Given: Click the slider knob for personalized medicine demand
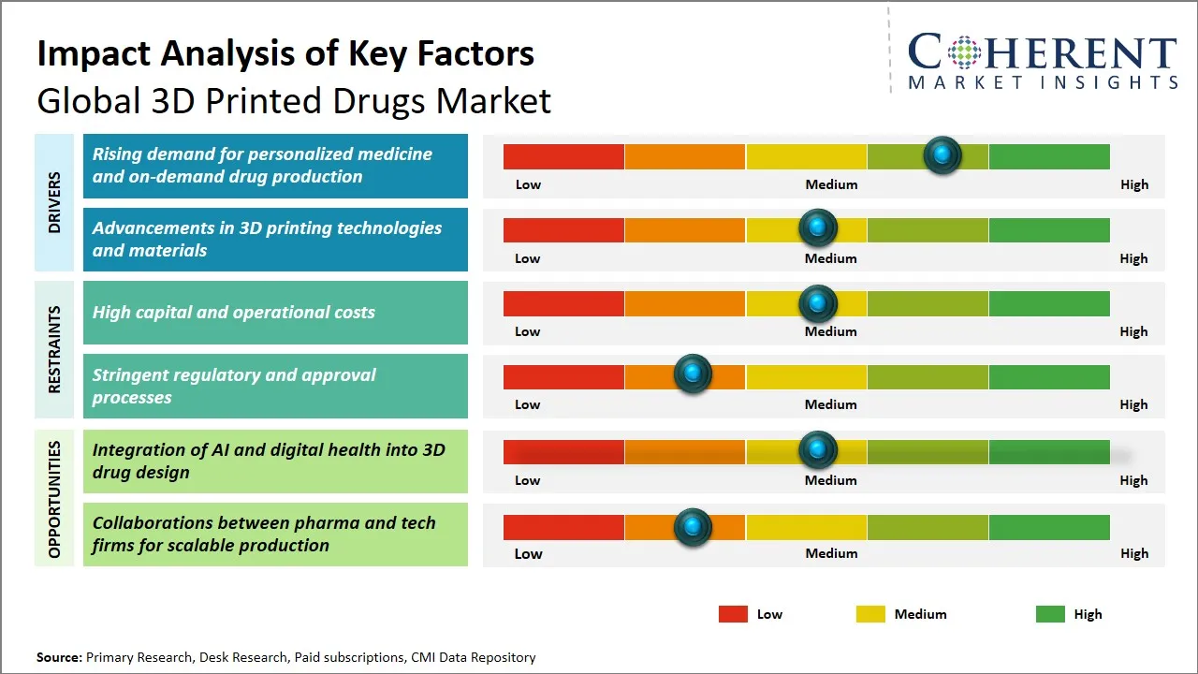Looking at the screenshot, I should tap(942, 154).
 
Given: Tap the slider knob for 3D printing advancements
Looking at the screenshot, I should tap(818, 227).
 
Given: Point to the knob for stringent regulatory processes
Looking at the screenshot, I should tap(693, 374).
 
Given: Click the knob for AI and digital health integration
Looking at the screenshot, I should tap(818, 450).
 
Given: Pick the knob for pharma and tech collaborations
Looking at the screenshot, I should tap(693, 527).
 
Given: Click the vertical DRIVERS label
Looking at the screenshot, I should tap(54, 202).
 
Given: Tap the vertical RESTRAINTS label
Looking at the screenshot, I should tap(54, 349).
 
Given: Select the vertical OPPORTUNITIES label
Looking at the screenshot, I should tap(54, 500).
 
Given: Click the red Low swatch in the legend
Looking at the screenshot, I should tap(733, 614).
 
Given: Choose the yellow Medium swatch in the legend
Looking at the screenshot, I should tap(870, 614).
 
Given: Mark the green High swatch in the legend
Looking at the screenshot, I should tap(1050, 614).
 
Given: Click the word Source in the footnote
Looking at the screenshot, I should tap(59, 657).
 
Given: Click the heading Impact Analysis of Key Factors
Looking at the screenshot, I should tap(285, 53).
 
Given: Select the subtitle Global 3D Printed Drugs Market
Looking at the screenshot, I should tap(294, 101).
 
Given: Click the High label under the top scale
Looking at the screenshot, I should tap(1133, 184).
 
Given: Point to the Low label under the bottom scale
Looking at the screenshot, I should tap(528, 553).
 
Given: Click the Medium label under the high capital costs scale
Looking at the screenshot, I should tap(831, 331).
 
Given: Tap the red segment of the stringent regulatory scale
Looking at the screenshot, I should tap(563, 376).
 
